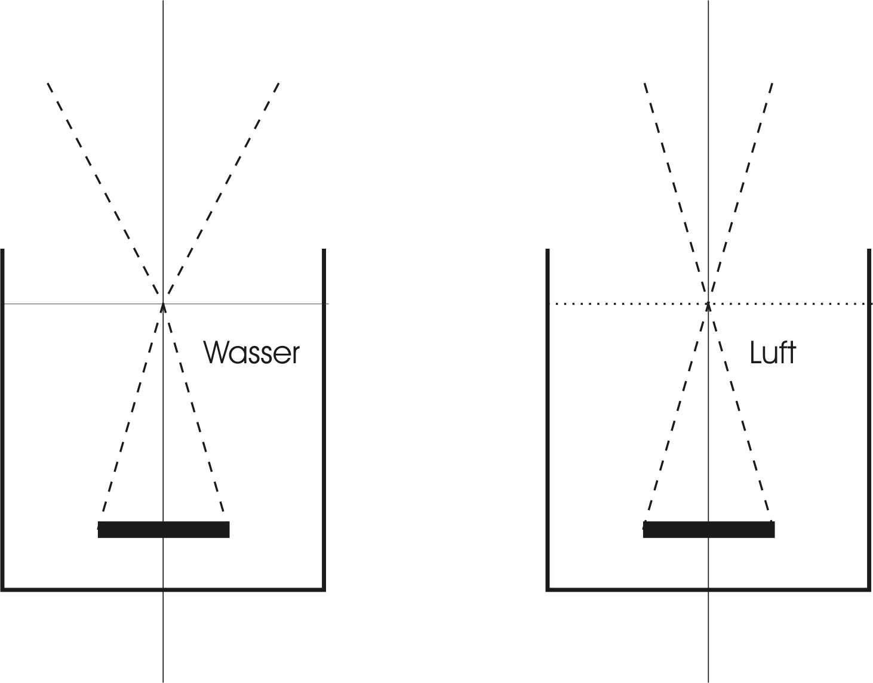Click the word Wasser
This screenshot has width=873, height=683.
[251, 353]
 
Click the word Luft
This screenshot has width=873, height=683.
[773, 353]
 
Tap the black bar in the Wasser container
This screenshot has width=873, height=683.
[164, 529]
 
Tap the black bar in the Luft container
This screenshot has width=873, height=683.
[709, 529]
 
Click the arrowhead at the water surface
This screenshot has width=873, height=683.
[163, 307]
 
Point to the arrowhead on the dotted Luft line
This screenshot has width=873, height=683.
[708, 307]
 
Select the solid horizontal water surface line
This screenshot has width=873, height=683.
[165, 304]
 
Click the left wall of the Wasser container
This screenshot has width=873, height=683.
[2, 419]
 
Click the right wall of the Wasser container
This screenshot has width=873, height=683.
[324, 419]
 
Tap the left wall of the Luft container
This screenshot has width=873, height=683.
[548, 419]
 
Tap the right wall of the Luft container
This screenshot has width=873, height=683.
[869, 419]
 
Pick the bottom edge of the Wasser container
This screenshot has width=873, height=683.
[163, 589]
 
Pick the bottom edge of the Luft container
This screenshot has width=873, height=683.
[708, 589]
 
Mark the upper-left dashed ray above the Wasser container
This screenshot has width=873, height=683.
[103, 188]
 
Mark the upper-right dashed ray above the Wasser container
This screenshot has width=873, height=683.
[223, 188]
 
